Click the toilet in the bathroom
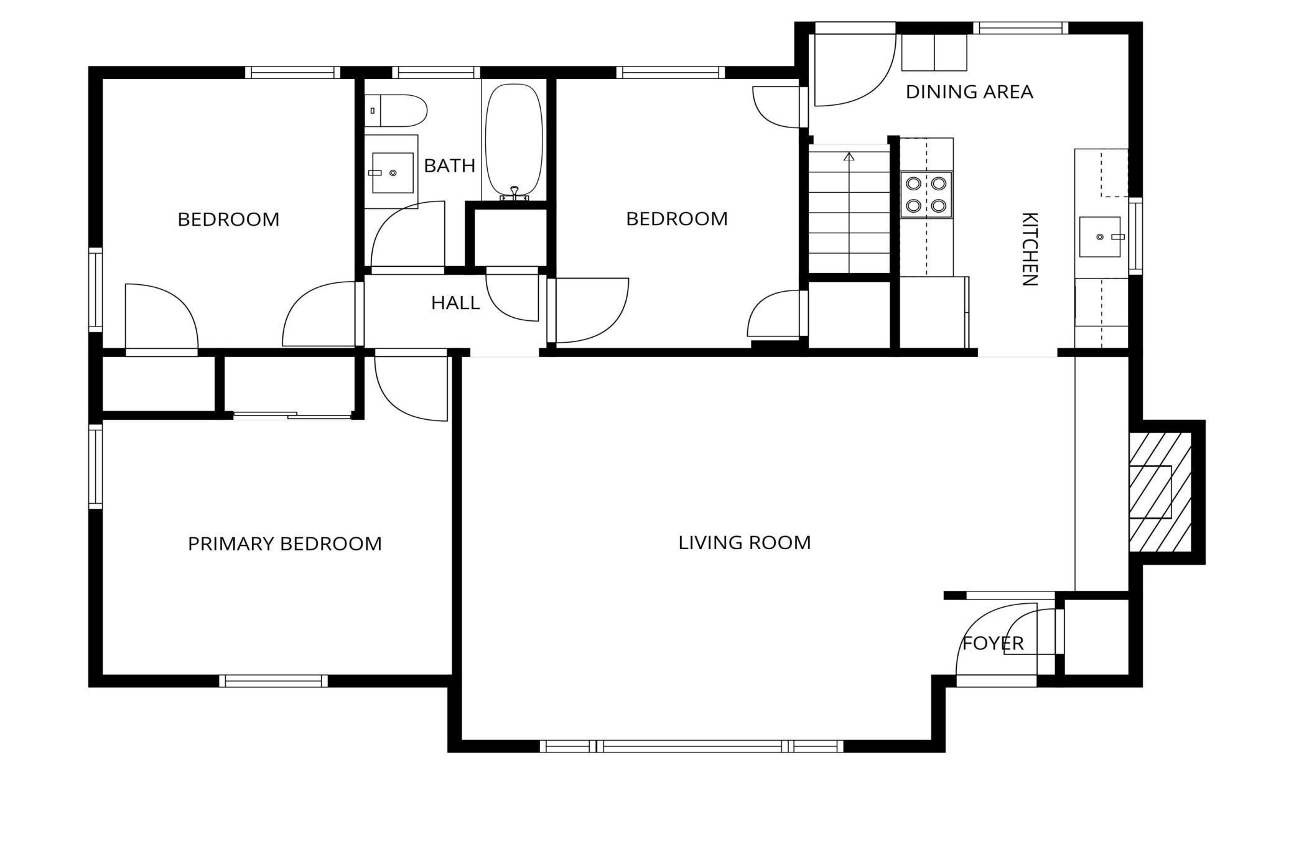point(396,111)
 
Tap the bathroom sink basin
point(393,173)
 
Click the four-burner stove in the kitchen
point(926,195)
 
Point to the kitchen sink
point(1100,237)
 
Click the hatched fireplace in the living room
point(1160,492)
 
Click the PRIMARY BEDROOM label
point(285,544)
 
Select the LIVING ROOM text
point(745,542)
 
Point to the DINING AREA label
point(969,92)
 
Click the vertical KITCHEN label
point(1030,249)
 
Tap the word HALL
point(455,303)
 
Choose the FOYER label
point(993,643)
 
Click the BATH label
point(449,165)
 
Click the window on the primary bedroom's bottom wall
point(274,681)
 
